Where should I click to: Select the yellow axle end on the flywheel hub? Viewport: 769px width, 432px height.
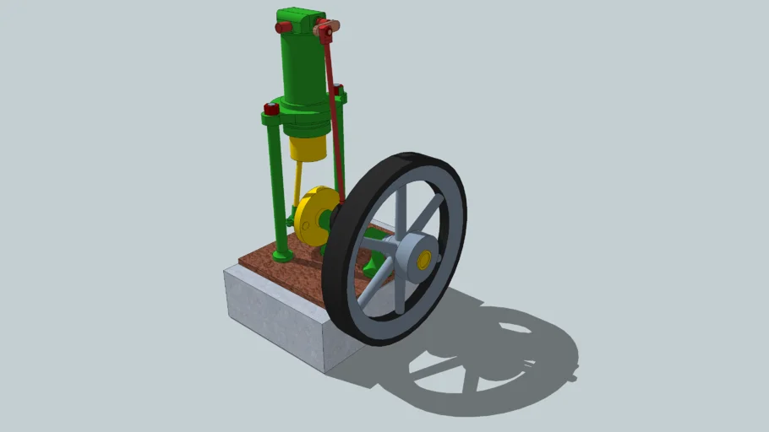point(424,257)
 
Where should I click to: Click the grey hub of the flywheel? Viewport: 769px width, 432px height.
point(410,254)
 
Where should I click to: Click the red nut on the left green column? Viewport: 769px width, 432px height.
point(271,109)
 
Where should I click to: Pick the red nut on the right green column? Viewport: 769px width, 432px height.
point(338,89)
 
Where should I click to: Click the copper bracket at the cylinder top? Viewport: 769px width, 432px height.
point(324,30)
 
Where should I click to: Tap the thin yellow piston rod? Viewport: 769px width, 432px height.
point(298,181)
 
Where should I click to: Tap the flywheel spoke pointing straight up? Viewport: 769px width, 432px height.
point(401,207)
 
